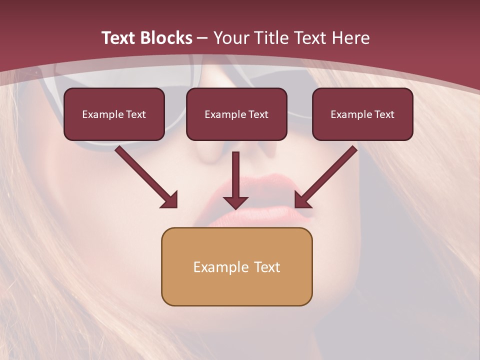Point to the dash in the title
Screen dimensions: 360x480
coord(202,38)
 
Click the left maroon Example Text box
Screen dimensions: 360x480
coord(114,114)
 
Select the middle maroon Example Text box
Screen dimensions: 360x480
coord(236,114)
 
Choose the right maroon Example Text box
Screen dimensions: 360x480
coord(362,114)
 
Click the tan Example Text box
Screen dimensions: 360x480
coord(236,266)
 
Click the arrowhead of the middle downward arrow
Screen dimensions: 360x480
coord(235,202)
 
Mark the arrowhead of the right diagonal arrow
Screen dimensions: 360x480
coord(301,200)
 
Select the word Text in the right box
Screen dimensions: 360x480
coord(384,114)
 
